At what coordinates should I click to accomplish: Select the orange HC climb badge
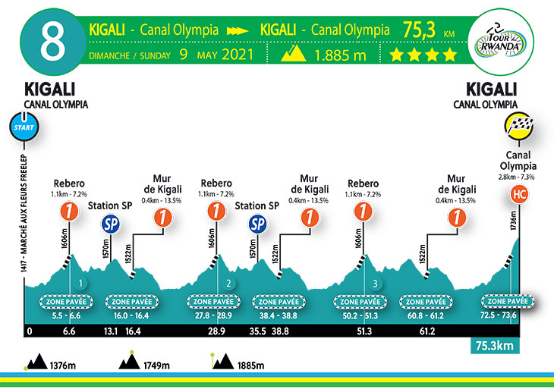(x=519, y=194)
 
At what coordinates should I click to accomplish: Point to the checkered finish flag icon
(x=519, y=127)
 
